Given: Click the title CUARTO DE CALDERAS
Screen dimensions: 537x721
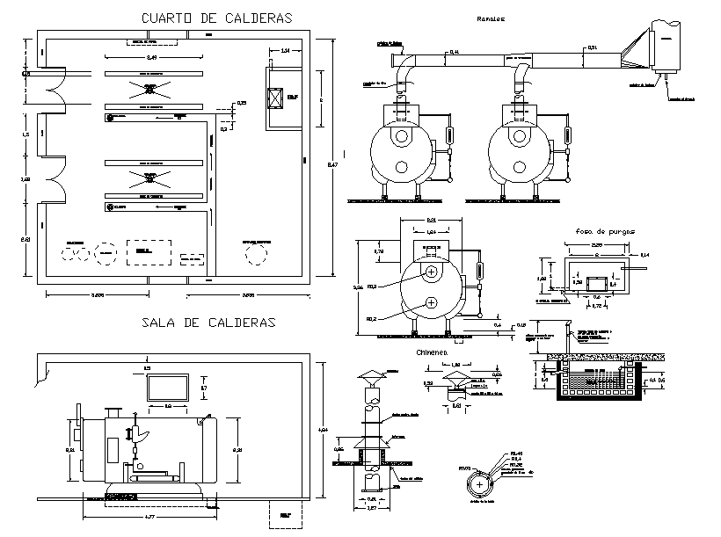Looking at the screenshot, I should point(216,18).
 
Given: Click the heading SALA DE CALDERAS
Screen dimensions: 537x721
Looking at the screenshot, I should point(208,323).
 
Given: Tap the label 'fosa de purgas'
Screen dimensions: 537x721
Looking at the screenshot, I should point(601,231).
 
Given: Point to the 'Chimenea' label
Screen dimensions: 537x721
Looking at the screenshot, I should point(432,352).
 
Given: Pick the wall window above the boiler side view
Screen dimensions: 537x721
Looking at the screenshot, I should point(169,388).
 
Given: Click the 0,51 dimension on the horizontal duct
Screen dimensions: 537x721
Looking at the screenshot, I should point(592,47).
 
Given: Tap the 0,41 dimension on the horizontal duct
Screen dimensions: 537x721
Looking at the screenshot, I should point(454,54).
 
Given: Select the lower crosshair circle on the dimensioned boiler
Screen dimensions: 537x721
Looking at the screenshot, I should point(432,303).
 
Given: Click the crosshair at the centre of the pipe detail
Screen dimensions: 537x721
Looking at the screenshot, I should point(479,484).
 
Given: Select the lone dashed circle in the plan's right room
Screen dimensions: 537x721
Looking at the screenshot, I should point(258,253).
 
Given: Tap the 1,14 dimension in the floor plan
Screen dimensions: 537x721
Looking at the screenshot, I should point(287,52).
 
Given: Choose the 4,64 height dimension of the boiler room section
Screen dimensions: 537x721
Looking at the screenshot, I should point(324,430).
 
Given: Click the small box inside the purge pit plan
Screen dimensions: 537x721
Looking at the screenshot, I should point(596,283).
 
